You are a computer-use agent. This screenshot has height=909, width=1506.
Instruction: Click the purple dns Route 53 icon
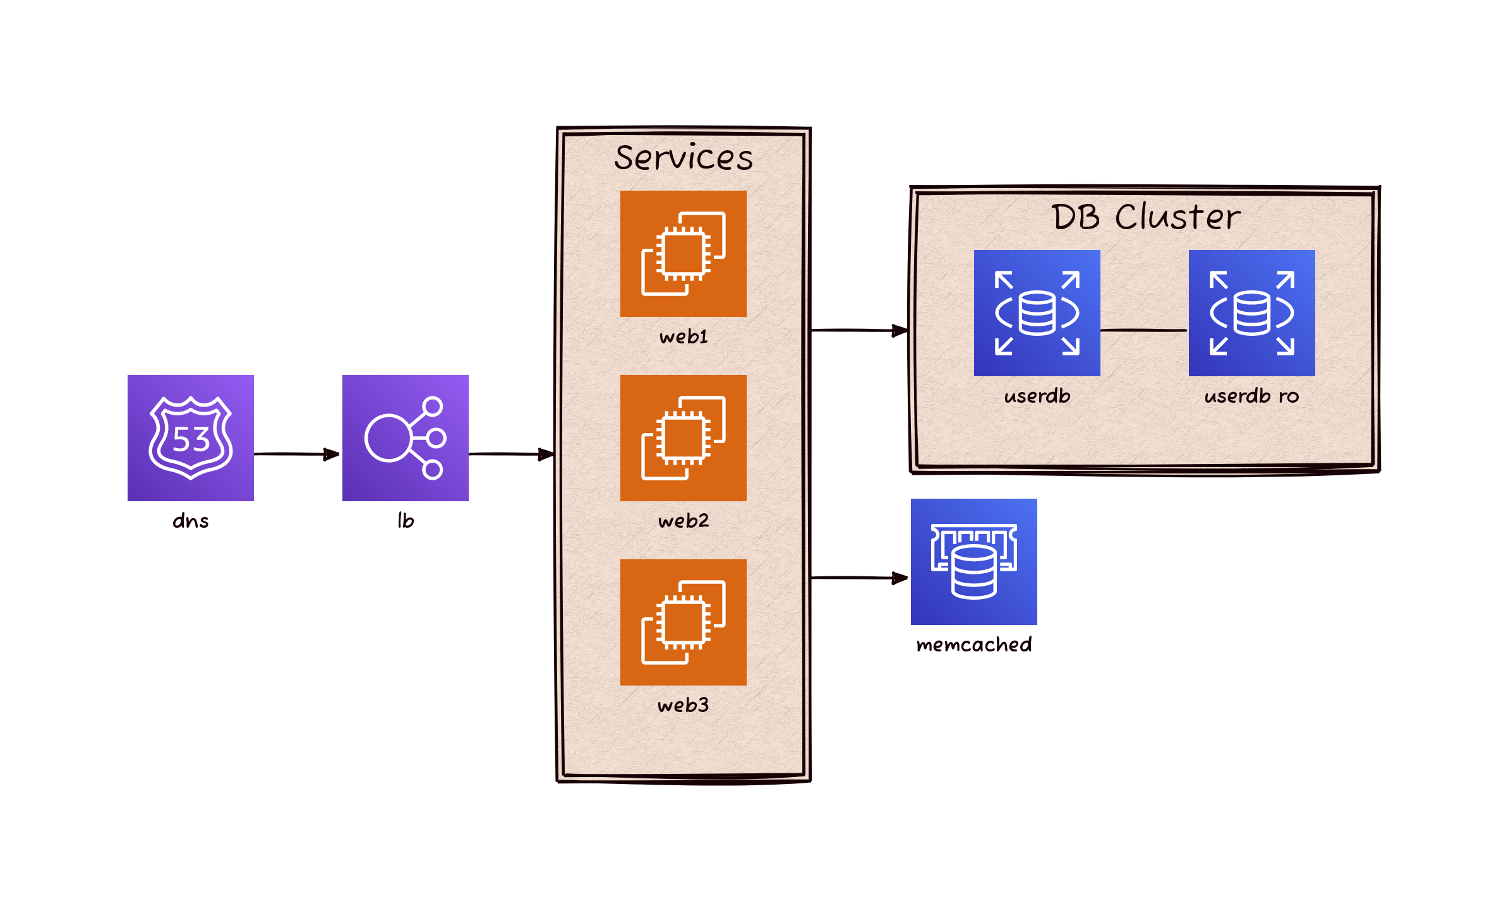(190, 437)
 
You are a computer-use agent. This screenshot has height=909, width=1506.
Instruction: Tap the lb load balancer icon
(405, 437)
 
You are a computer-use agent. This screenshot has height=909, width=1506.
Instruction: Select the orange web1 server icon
(683, 253)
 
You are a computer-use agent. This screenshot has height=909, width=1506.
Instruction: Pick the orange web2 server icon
(683, 437)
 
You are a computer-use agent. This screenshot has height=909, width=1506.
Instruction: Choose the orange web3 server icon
(683, 622)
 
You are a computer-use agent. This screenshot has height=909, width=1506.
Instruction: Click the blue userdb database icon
(1037, 312)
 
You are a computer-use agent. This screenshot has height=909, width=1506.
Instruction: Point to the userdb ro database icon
(1251, 312)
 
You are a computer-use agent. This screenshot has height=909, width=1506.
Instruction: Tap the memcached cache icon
(973, 561)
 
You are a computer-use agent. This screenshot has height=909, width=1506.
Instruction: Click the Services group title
(684, 157)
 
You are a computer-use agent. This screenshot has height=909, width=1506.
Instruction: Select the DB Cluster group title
(1145, 217)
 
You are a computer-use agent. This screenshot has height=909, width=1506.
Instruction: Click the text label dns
(190, 521)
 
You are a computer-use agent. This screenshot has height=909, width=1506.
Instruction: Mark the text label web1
(684, 336)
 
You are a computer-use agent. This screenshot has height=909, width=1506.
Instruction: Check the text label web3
(683, 705)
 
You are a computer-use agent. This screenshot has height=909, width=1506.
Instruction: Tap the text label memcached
(973, 645)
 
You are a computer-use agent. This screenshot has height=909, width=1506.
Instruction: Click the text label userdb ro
(1251, 396)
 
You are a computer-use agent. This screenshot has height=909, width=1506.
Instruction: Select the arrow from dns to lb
(297, 454)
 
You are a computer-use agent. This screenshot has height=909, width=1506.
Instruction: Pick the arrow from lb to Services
(512, 454)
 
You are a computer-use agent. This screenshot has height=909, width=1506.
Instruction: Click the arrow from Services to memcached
(859, 578)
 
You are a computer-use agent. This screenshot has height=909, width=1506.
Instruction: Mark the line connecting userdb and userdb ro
(1143, 330)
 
